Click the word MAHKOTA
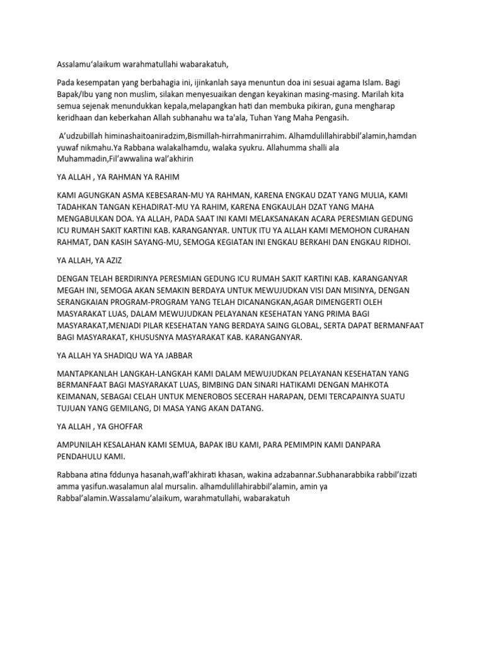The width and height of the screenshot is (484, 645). click(x=372, y=385)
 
